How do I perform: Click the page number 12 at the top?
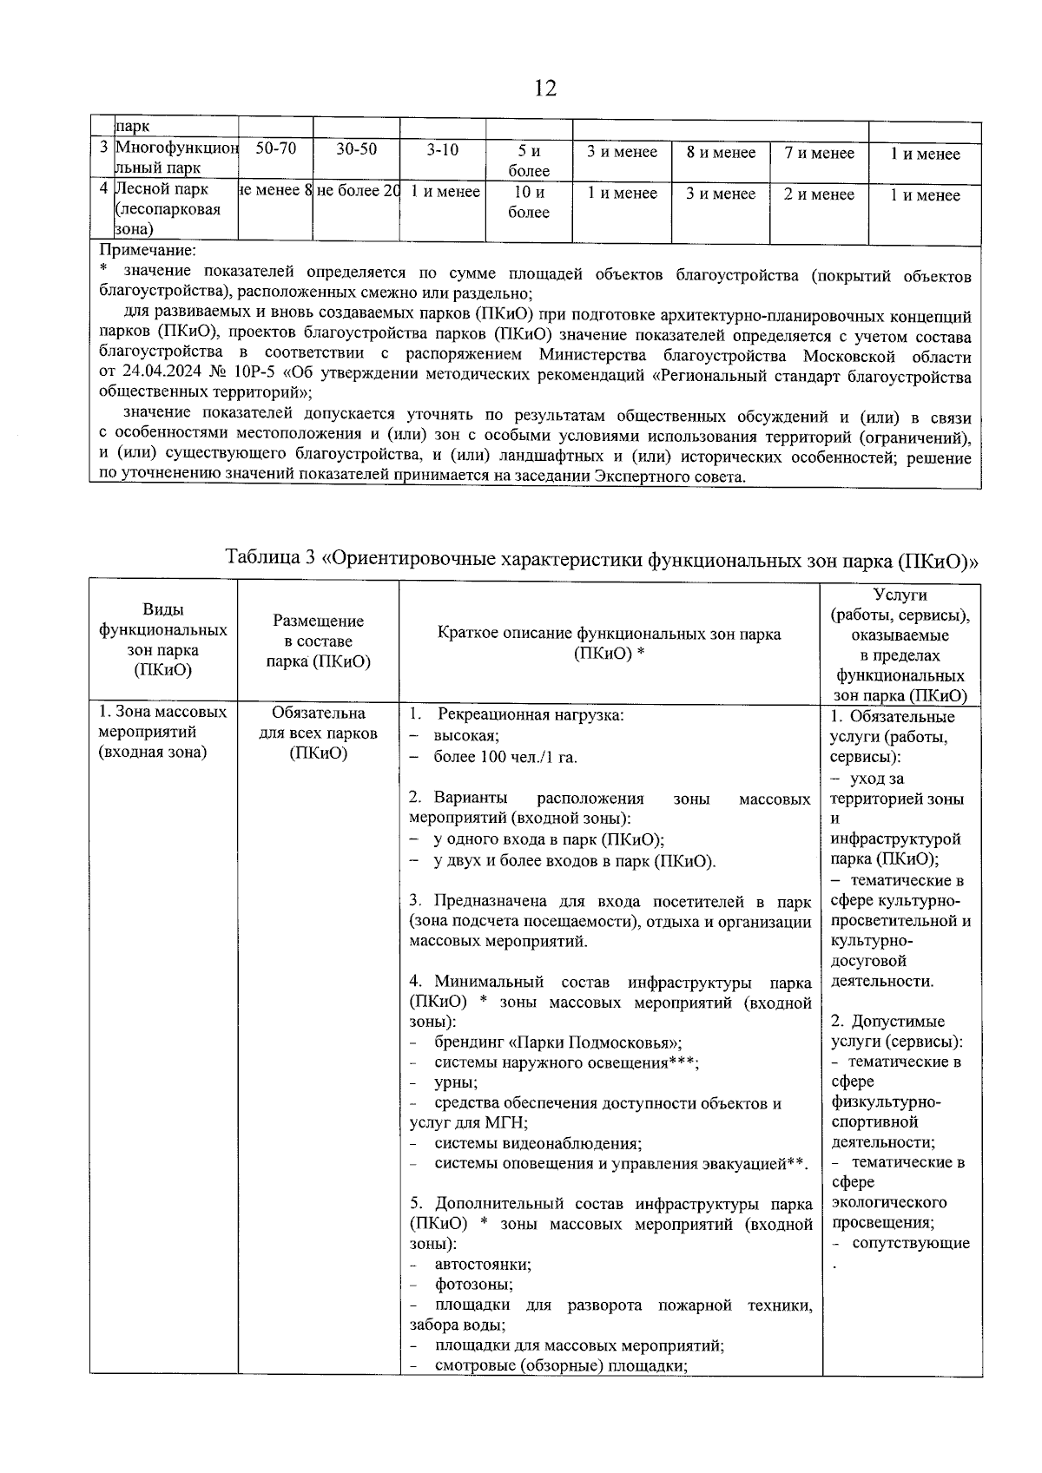[x=544, y=89]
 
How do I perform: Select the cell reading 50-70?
[x=275, y=149]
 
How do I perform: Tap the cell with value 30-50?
[x=356, y=149]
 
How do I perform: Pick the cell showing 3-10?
[x=442, y=149]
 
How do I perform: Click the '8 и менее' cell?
[x=721, y=153]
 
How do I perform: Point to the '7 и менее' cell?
[x=819, y=153]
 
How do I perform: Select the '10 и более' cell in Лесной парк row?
[x=528, y=202]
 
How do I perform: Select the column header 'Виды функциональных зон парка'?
[x=163, y=640]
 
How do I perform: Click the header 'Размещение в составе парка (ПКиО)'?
[x=318, y=641]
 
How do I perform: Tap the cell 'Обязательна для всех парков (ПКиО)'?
[x=318, y=733]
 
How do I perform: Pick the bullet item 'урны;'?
[x=455, y=1083]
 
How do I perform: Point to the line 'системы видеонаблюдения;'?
[x=537, y=1144]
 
